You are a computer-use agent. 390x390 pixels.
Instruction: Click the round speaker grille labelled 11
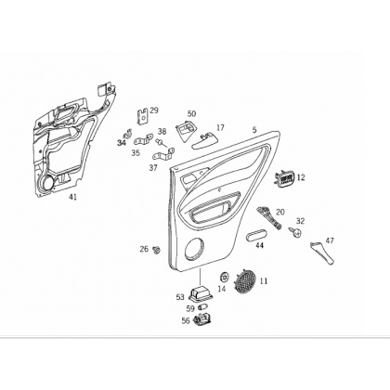245,281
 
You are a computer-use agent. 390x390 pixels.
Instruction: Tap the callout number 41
72,197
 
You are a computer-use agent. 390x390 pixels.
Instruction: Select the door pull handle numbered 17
203,140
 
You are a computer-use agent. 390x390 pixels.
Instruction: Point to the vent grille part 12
284,178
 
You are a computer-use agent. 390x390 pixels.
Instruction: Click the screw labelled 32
295,231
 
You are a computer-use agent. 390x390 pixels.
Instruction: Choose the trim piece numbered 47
322,253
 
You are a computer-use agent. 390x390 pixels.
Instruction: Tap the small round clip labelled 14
224,277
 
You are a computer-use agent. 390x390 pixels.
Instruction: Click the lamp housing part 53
201,293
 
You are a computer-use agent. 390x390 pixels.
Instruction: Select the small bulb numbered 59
202,307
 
